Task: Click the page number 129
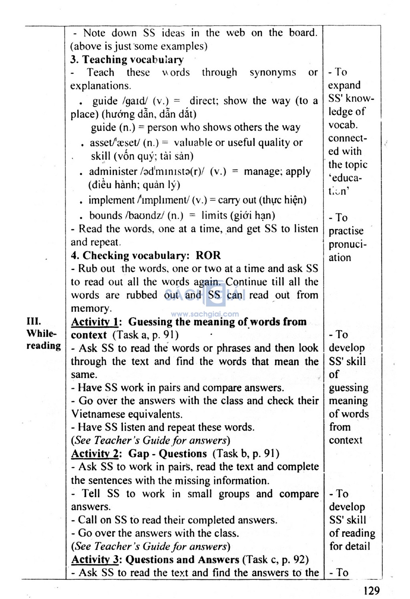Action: [x=372, y=590]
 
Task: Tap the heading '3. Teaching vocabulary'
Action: [x=127, y=60]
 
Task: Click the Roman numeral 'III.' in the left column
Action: [x=34, y=321]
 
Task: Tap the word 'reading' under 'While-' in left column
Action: [x=44, y=346]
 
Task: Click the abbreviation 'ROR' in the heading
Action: [x=208, y=255]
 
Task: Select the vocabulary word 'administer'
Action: [x=113, y=171]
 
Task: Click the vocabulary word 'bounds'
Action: [x=105, y=216]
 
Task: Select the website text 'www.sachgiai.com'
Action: [x=205, y=315]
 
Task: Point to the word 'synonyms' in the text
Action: [x=273, y=73]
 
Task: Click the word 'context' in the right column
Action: [x=346, y=440]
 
